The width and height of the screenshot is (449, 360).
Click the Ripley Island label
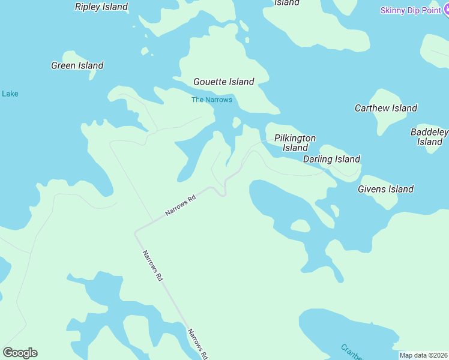[x=101, y=7]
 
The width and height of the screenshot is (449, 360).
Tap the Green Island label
[x=77, y=65]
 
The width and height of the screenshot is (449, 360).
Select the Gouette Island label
[x=224, y=82]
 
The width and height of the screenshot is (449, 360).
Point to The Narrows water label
[x=211, y=100]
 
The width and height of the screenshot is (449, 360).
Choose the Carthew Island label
[x=386, y=108]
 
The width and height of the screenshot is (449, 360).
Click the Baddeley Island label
[x=429, y=137]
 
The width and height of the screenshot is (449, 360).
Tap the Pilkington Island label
[x=295, y=143]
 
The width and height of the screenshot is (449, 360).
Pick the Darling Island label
[x=331, y=159]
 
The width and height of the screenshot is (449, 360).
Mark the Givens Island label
[x=385, y=189]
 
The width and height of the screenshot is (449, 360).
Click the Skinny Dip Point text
[x=411, y=11]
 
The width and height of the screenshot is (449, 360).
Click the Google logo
[x=20, y=353]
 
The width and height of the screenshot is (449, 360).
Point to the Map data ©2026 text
[x=424, y=355]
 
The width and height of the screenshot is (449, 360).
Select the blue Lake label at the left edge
[x=10, y=94]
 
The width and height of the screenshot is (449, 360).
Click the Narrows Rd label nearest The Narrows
[x=181, y=206]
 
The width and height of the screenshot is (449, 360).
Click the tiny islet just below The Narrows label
[x=237, y=122]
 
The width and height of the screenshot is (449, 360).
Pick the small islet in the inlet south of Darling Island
[x=300, y=226]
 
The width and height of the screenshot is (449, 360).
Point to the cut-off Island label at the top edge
[x=287, y=3]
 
